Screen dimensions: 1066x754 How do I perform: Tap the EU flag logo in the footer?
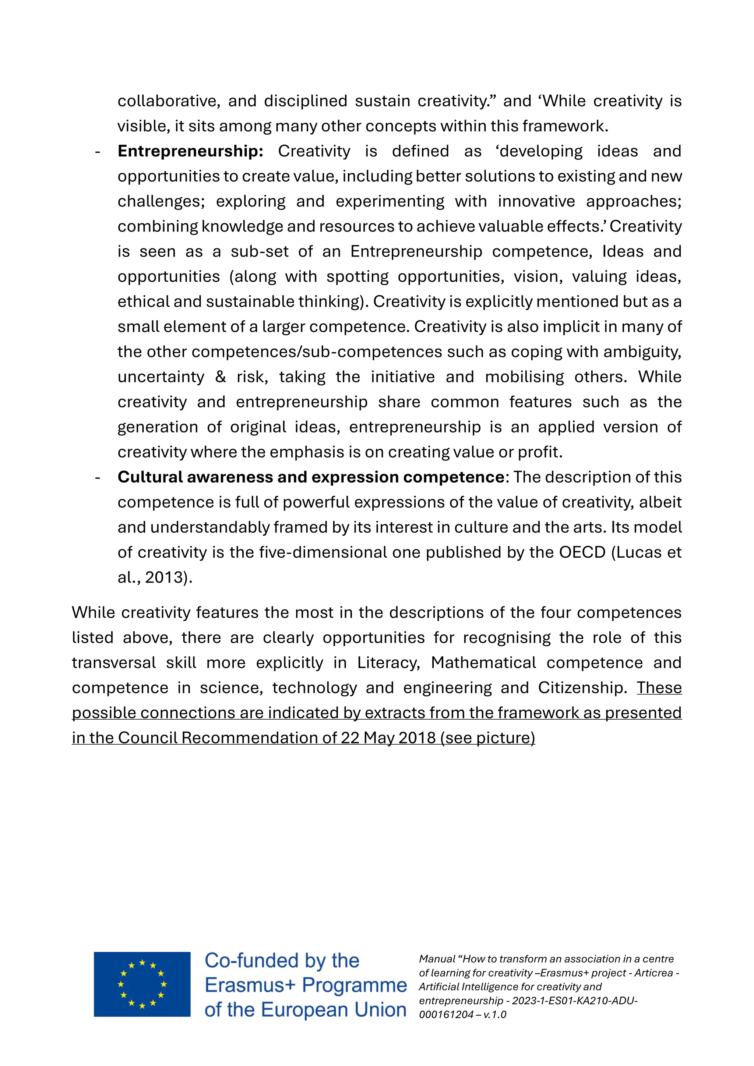[x=142, y=984]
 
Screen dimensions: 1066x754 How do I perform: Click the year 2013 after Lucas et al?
[x=163, y=578]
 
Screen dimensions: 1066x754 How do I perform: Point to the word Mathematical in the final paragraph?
[x=483, y=663]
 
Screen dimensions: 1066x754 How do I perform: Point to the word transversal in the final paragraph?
[x=114, y=663]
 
